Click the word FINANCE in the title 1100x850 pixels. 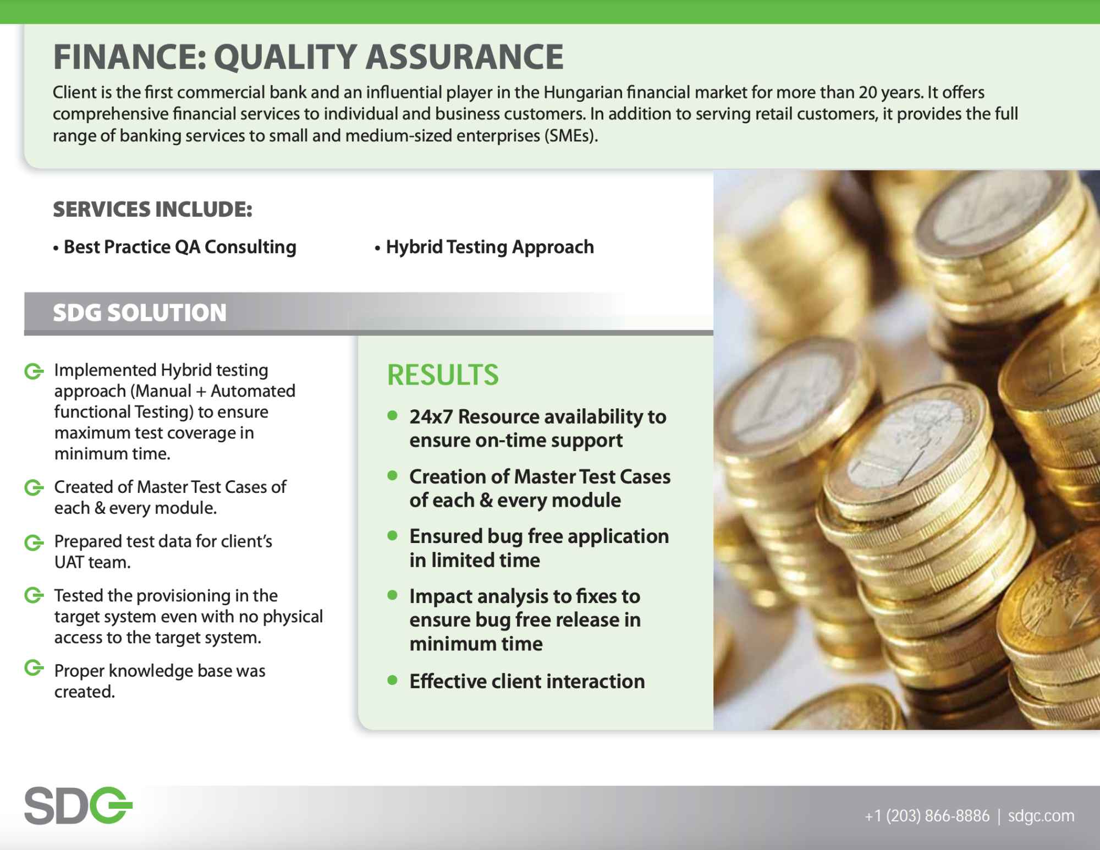(x=130, y=57)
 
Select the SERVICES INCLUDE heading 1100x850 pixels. (x=152, y=210)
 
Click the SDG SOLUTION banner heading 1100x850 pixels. (x=140, y=312)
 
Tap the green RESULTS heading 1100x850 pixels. (x=443, y=375)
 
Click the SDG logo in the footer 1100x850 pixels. (x=78, y=806)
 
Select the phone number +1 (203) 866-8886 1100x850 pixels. (x=927, y=815)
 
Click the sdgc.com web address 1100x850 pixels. (x=1041, y=815)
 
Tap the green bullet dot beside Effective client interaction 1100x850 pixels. (x=392, y=680)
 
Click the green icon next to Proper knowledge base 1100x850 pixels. (x=34, y=668)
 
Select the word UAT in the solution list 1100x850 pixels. (x=69, y=562)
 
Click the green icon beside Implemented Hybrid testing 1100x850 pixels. (x=34, y=371)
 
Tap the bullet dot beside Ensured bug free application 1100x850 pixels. (x=392, y=535)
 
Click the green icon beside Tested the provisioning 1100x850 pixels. (x=34, y=595)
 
